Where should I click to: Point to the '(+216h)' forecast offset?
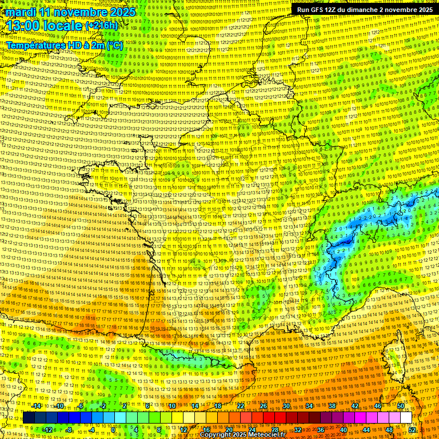(101, 26)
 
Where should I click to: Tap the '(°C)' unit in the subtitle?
(114, 45)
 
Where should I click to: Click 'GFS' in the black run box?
(317, 10)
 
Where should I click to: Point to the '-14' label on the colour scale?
(36, 406)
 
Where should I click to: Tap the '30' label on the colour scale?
(286, 406)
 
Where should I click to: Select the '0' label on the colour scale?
(113, 429)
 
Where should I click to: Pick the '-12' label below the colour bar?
(47, 429)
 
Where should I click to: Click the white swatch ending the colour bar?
(406, 417)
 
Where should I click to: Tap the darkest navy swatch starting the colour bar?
(29, 417)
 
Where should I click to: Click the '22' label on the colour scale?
(240, 406)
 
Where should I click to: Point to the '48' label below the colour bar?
(389, 429)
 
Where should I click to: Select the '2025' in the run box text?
(423, 10)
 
